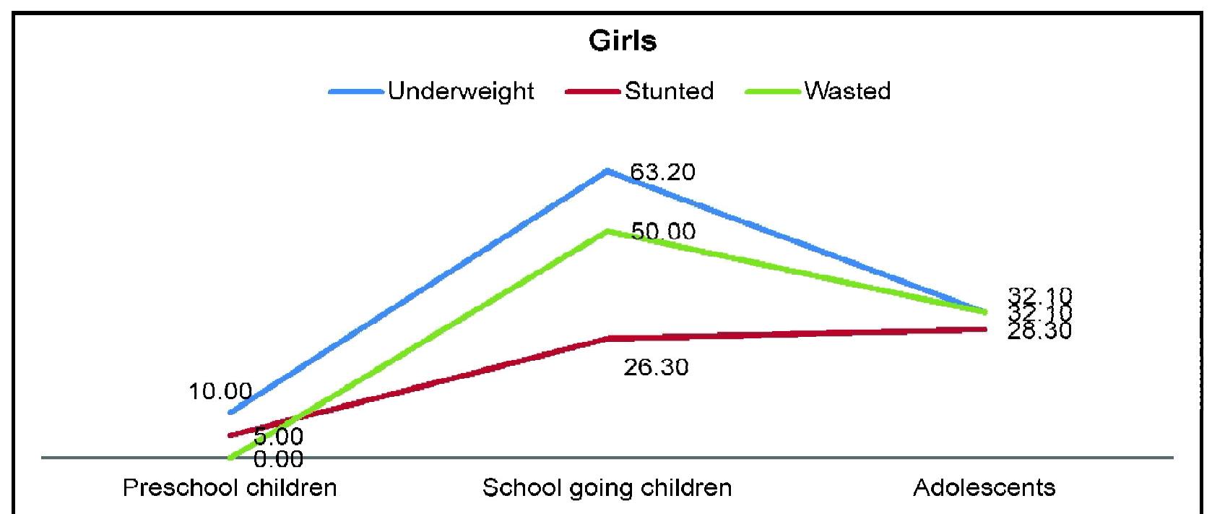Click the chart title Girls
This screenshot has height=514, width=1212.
623,41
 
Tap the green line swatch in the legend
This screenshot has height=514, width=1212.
772,92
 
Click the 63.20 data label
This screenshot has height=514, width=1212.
662,172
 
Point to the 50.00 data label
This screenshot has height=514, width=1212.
663,231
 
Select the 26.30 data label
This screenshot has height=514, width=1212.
656,367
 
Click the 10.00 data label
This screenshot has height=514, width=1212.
220,392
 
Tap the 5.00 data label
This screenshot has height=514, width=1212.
278,437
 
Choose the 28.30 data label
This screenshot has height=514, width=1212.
1039,330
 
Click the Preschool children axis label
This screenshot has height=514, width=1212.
230,487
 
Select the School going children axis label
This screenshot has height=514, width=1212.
607,487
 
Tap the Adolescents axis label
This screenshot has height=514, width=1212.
984,487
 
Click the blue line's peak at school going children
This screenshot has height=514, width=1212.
608,171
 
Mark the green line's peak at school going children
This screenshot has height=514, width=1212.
608,231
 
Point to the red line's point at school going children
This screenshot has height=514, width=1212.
608,338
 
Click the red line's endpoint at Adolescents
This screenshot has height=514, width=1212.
984,329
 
